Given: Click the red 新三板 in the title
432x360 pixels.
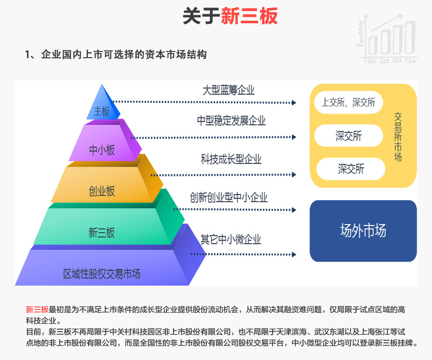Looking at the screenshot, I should click(249, 16).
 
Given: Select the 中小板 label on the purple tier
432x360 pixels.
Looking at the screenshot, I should click(102, 150).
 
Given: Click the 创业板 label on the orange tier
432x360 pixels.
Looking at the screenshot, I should click(102, 191).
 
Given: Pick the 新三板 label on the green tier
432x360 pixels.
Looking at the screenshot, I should click(102, 233).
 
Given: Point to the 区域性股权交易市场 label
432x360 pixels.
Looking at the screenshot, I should click(102, 274).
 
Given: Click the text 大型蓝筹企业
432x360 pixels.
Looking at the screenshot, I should click(229, 91).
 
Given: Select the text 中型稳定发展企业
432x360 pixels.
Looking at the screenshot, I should click(231, 121).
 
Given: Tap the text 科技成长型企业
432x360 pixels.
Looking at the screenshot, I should click(231, 159).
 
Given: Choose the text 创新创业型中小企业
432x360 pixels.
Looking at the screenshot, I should click(229, 197).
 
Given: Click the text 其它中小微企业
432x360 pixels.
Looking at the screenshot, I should click(231, 239).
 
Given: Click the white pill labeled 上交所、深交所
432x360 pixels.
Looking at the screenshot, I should click(349, 102).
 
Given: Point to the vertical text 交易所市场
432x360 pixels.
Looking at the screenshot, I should click(398, 137).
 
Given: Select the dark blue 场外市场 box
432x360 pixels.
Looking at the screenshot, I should click(363, 231).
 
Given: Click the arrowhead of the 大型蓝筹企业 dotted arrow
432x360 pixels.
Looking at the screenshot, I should click(293, 103).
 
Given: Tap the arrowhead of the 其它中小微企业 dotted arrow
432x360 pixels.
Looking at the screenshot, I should click(293, 255).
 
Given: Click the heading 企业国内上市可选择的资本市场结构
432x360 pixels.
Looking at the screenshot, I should click(123, 55).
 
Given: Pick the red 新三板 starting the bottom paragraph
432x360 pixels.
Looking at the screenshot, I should click(37, 310).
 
